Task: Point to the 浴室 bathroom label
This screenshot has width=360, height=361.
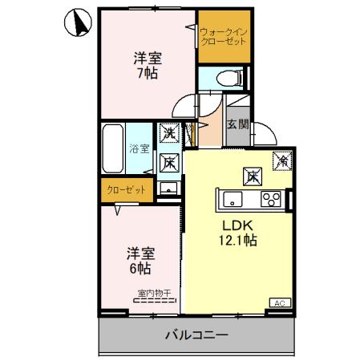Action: coord(139,148)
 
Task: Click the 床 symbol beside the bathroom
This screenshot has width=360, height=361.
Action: coord(170,161)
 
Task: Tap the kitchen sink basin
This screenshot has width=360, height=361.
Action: coord(232,199)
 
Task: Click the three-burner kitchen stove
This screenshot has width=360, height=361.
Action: coord(272,199)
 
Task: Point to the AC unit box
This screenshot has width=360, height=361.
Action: coord(280,302)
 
